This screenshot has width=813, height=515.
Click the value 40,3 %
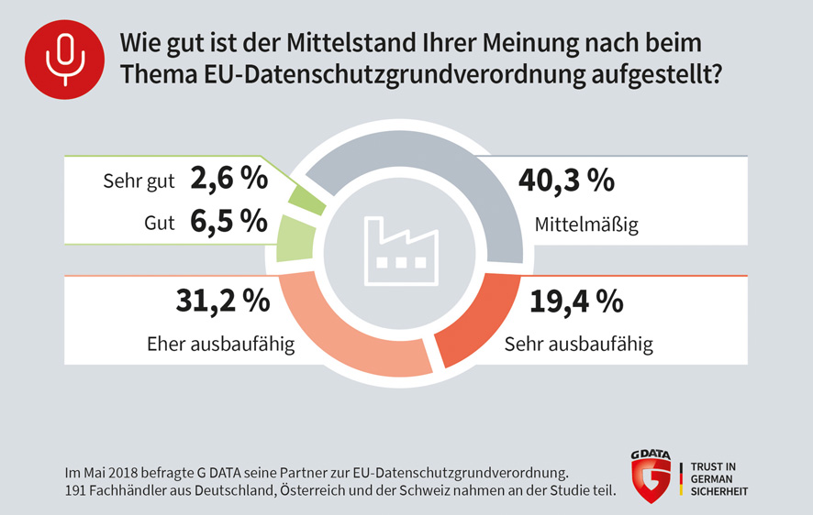point(566,181)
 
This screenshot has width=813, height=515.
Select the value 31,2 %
point(222,300)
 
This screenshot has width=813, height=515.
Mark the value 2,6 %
point(228,179)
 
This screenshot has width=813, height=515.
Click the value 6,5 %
point(228,221)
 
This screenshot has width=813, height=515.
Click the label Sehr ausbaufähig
point(579,345)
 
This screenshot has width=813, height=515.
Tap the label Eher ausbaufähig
point(220,345)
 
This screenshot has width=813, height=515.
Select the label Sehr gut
point(138,181)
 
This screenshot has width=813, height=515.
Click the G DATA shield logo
point(651,476)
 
